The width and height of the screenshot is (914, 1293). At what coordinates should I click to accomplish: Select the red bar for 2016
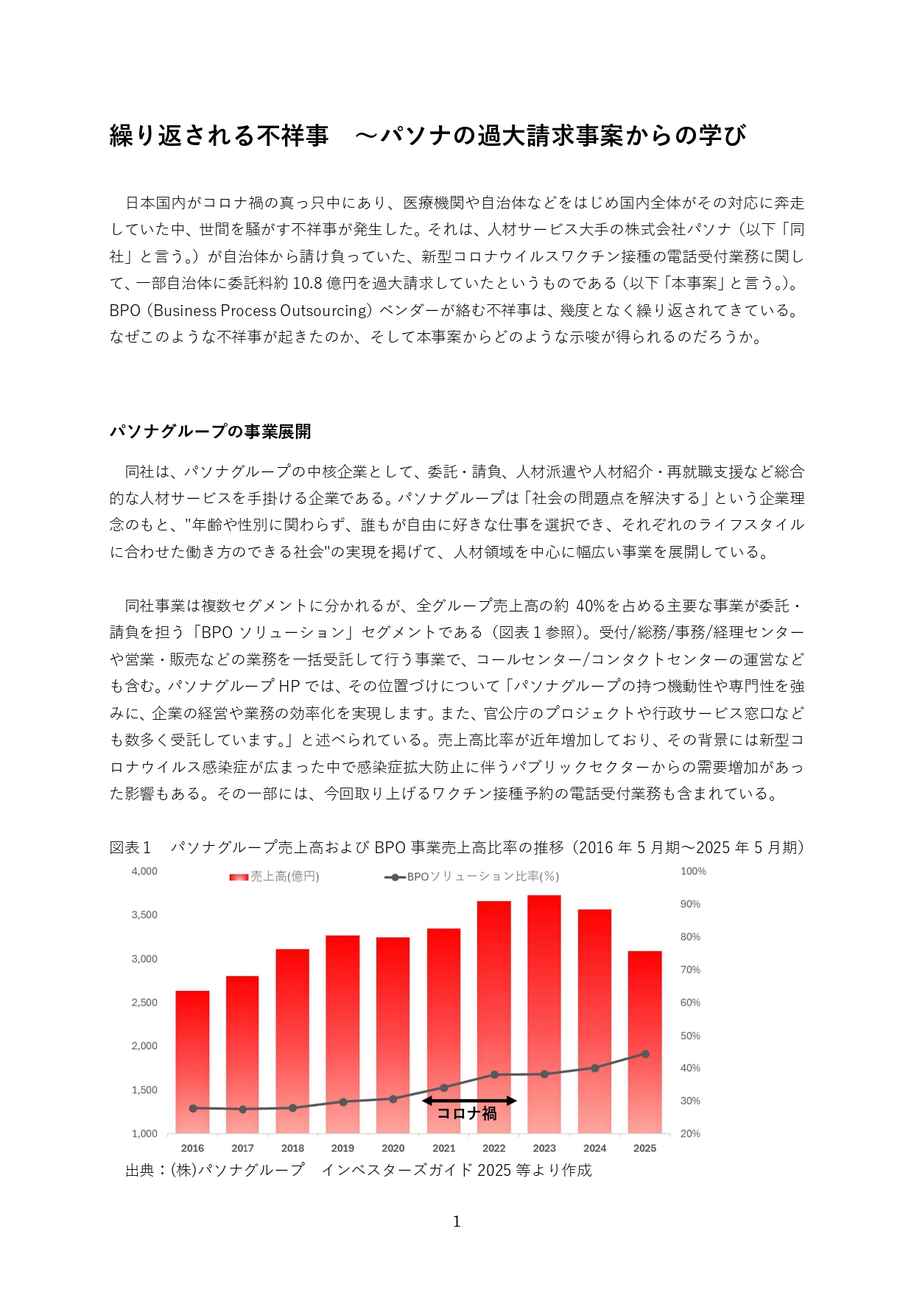tap(192, 1046)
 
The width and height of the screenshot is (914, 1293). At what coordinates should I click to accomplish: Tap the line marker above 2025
tap(645, 1054)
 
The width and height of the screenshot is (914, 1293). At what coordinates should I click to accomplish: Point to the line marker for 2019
tap(343, 1102)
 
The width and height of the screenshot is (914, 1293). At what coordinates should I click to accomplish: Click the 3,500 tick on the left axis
tap(144, 915)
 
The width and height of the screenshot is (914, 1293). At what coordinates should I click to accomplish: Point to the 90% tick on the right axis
tap(690, 904)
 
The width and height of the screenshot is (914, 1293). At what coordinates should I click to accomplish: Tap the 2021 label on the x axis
tap(443, 1148)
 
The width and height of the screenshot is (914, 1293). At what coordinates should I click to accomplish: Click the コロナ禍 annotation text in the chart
tap(467, 1114)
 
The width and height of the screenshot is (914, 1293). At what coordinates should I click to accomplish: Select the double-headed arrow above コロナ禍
tap(469, 1101)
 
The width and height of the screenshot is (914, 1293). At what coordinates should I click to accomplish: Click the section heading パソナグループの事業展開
tap(211, 432)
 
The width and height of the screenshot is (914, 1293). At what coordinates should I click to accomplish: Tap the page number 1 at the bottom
tap(457, 1222)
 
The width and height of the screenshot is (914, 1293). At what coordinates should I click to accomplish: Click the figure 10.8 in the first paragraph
tap(307, 284)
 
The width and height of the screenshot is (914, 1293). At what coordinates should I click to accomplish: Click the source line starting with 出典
tap(359, 1170)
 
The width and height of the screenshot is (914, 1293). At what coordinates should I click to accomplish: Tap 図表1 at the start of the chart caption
tap(130, 848)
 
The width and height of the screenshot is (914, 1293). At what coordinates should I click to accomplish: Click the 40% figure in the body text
tap(590, 606)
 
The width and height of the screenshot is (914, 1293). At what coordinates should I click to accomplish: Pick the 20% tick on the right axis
tap(690, 1134)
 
